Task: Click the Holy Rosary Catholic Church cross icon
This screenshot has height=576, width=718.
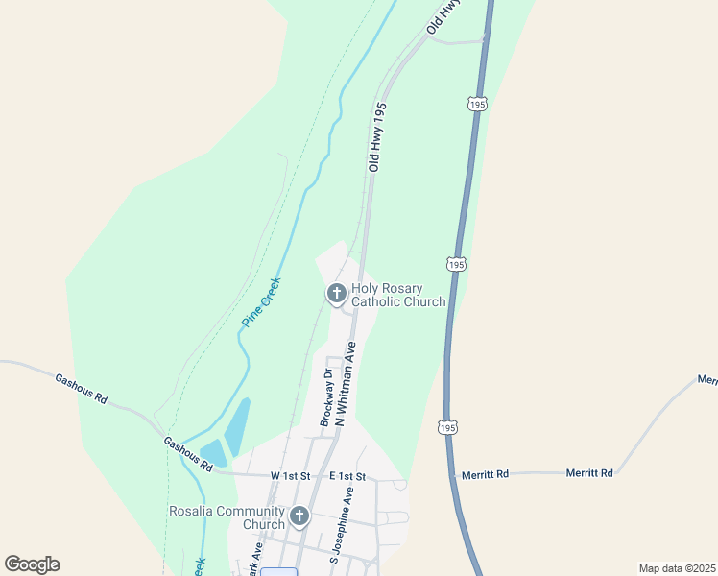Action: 336,293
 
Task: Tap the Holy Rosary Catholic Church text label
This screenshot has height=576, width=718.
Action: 398,295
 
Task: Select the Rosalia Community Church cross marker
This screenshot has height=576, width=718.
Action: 299,516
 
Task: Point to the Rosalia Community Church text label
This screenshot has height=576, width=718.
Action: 227,517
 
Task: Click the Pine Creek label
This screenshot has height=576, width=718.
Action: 260,301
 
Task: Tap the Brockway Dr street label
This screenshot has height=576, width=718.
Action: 326,397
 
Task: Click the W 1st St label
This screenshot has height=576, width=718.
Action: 291,476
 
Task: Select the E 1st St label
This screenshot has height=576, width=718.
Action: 347,476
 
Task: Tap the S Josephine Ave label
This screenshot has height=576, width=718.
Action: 335,524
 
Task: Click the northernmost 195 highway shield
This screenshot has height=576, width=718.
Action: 477,103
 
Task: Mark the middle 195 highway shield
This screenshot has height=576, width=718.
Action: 456,264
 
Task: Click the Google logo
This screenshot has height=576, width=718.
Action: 32,564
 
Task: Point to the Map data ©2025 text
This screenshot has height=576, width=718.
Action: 676,568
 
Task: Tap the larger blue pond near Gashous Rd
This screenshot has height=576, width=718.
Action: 237,426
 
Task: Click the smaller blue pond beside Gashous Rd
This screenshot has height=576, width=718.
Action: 212,453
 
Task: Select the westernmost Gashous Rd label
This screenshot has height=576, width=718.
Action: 81,389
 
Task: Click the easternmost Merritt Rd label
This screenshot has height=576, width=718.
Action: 589,472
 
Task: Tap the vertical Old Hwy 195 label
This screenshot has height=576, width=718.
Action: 377,136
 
